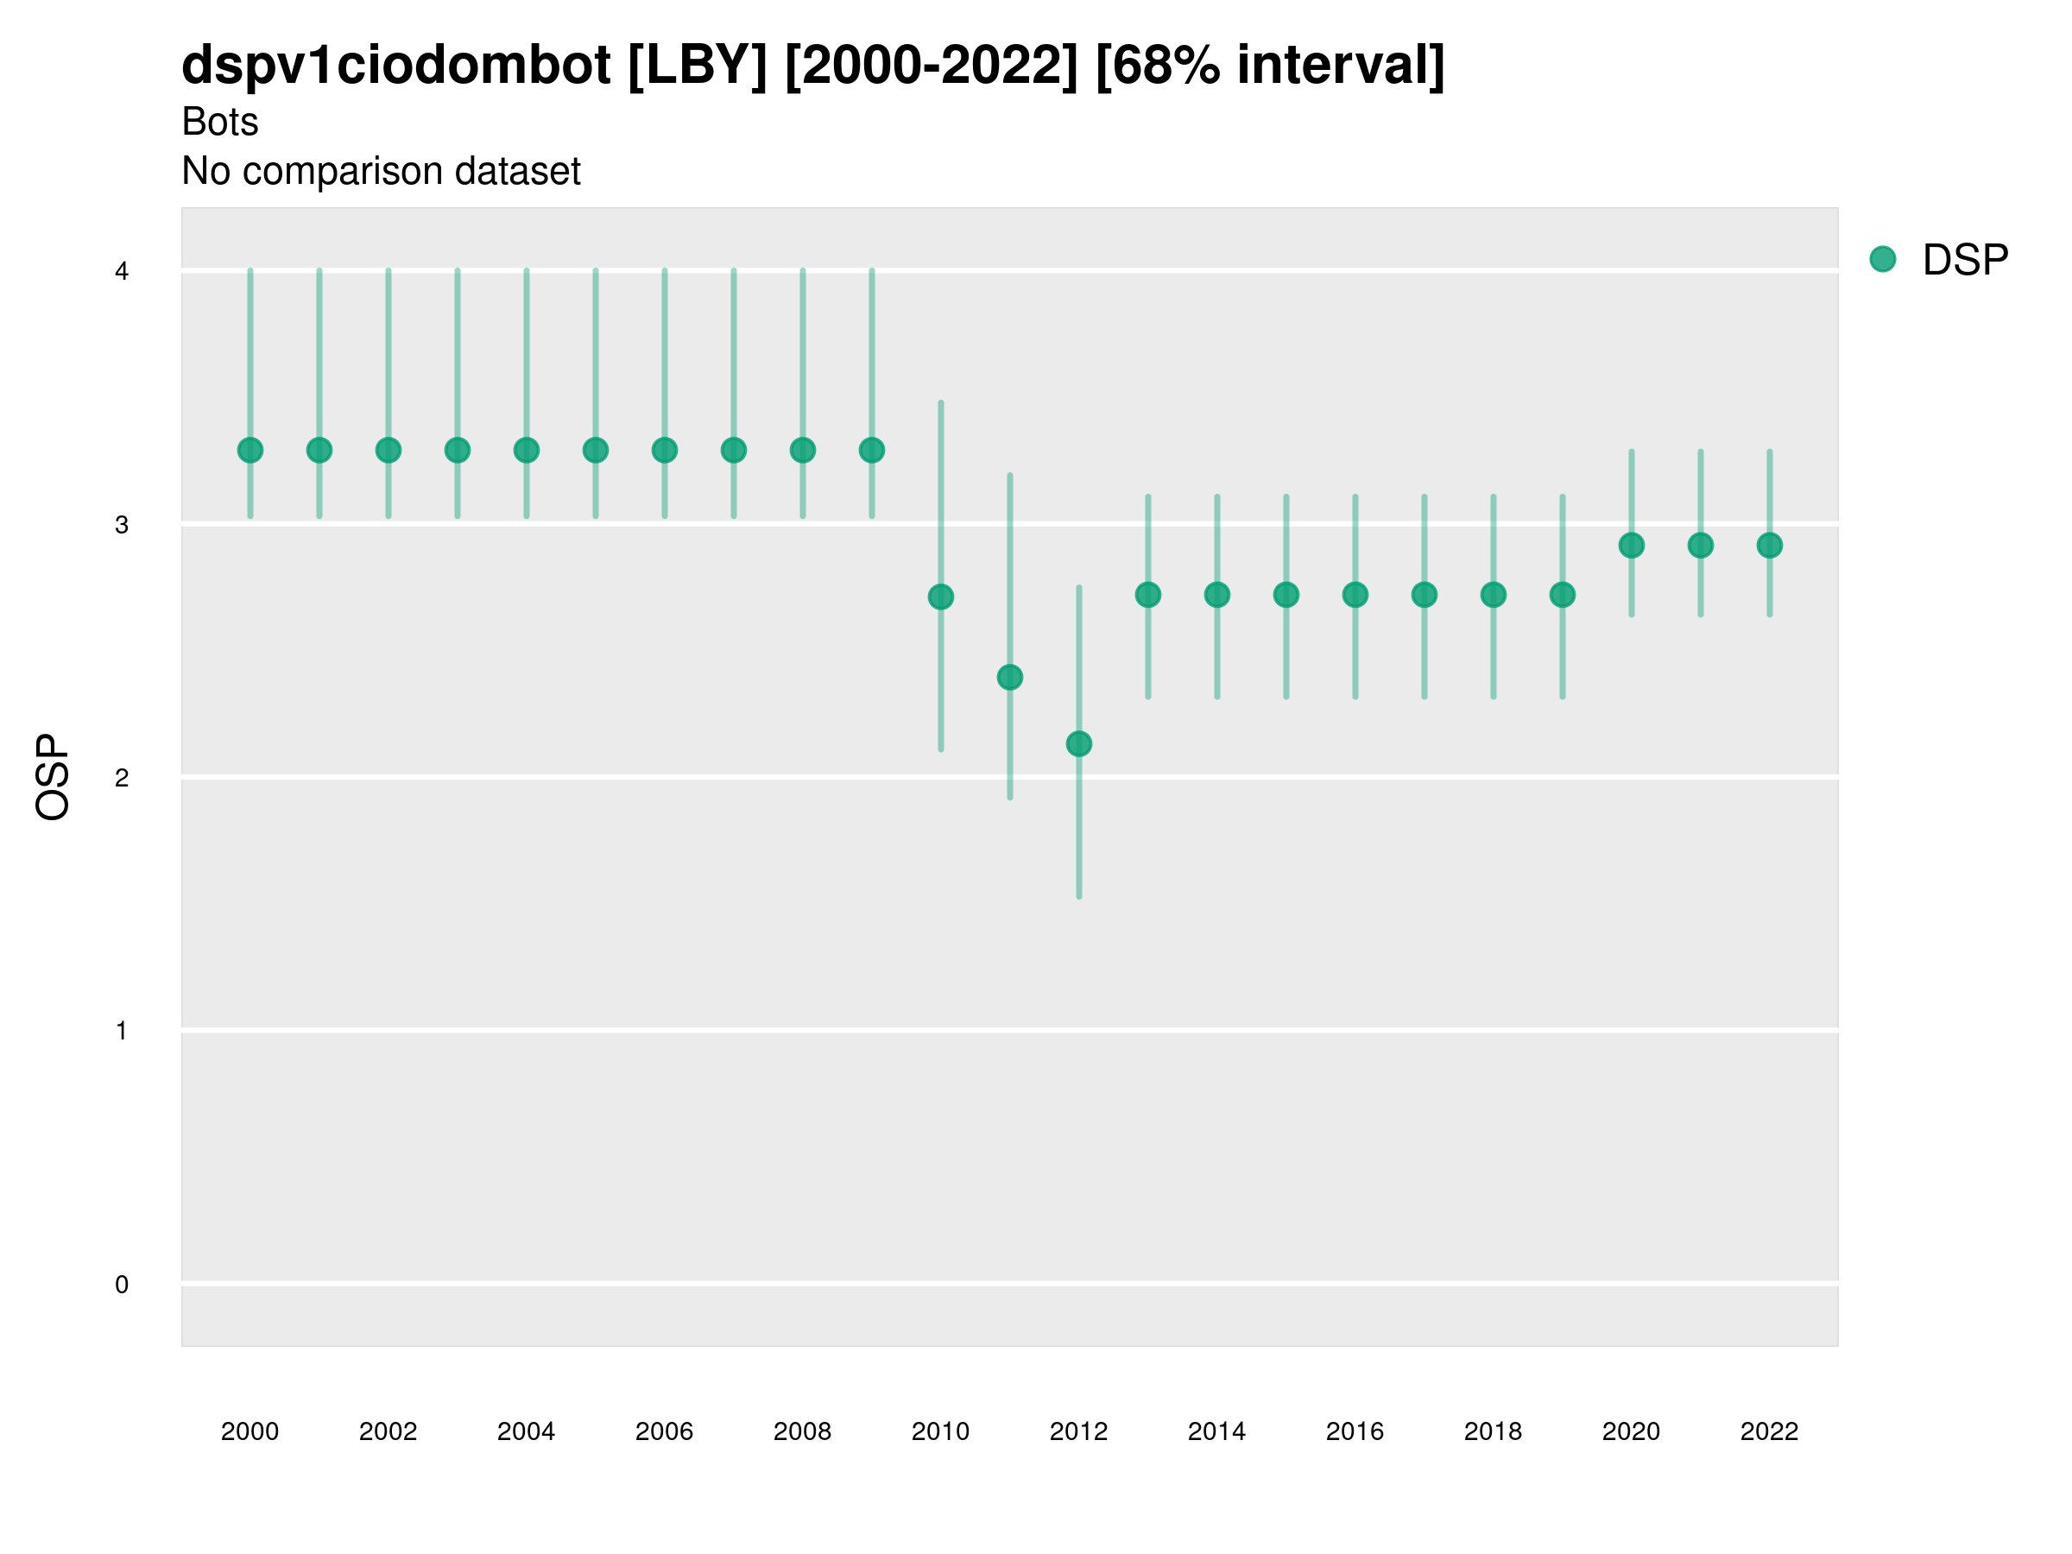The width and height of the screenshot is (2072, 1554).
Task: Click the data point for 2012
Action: pyautogui.click(x=1079, y=743)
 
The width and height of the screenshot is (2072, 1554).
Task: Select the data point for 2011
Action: pyautogui.click(x=1010, y=677)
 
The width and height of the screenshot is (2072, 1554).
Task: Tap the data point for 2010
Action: pyautogui.click(x=940, y=597)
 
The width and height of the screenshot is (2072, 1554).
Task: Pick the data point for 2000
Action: pyautogui.click(x=250, y=451)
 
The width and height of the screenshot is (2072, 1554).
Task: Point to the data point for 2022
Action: pyautogui.click(x=1770, y=545)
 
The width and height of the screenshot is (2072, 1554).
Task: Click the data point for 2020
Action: pyautogui.click(x=1632, y=545)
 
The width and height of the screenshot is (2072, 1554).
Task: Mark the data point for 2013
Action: pyautogui.click(x=1148, y=595)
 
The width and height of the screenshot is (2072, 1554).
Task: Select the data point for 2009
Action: pyautogui.click(x=872, y=451)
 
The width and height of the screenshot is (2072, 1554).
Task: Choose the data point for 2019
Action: pyautogui.click(x=1563, y=595)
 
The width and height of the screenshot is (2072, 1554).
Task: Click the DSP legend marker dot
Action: pyautogui.click(x=1883, y=260)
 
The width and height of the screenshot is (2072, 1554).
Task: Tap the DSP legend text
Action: pyautogui.click(x=1965, y=261)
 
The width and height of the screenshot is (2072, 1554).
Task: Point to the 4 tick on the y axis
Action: pyautogui.click(x=122, y=272)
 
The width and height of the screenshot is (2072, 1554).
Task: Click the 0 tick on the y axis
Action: pyautogui.click(x=122, y=1285)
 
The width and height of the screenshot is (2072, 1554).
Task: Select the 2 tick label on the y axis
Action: pyautogui.click(x=122, y=779)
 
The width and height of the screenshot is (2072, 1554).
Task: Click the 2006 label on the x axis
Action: pyautogui.click(x=664, y=1431)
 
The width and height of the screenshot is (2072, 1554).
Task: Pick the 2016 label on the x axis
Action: pyautogui.click(x=1355, y=1431)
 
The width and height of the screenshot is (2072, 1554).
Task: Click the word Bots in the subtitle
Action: pyautogui.click(x=220, y=122)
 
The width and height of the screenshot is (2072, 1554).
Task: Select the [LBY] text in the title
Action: pyautogui.click(x=697, y=66)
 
